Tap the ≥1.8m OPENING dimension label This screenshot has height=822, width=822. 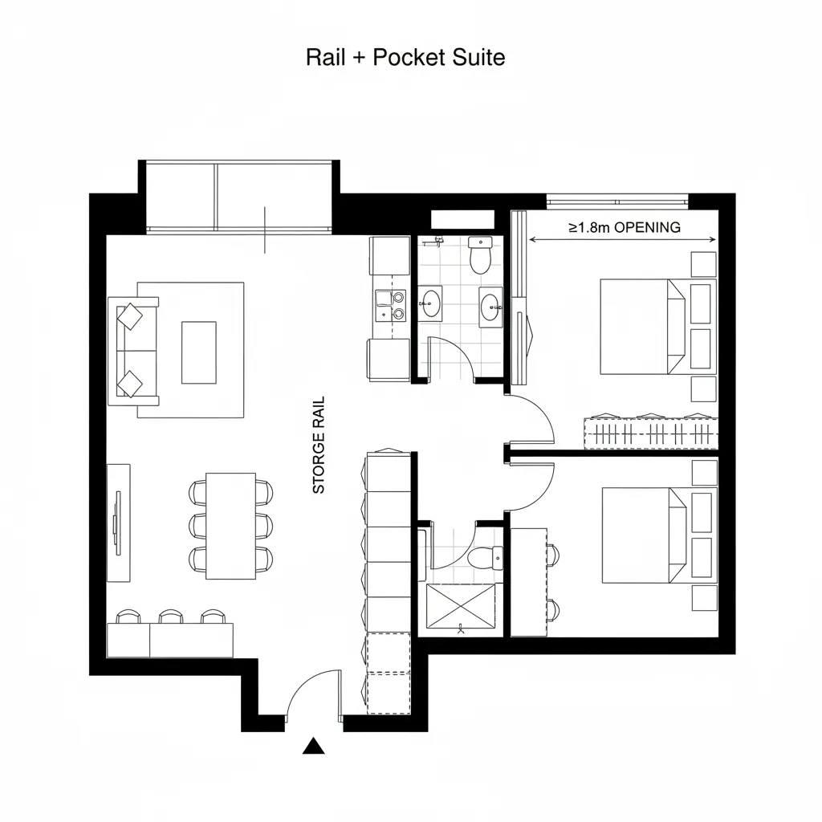[x=625, y=227]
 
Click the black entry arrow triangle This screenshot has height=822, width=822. [x=313, y=747]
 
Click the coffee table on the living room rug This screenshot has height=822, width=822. [x=198, y=352]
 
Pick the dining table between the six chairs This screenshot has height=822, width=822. [x=230, y=525]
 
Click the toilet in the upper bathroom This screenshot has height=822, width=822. [x=480, y=255]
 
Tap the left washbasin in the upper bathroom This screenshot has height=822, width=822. [x=431, y=304]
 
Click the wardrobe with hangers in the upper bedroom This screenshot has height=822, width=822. [x=650, y=433]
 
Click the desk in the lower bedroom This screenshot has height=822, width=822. [x=529, y=581]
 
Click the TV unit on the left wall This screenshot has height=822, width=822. [x=118, y=522]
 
